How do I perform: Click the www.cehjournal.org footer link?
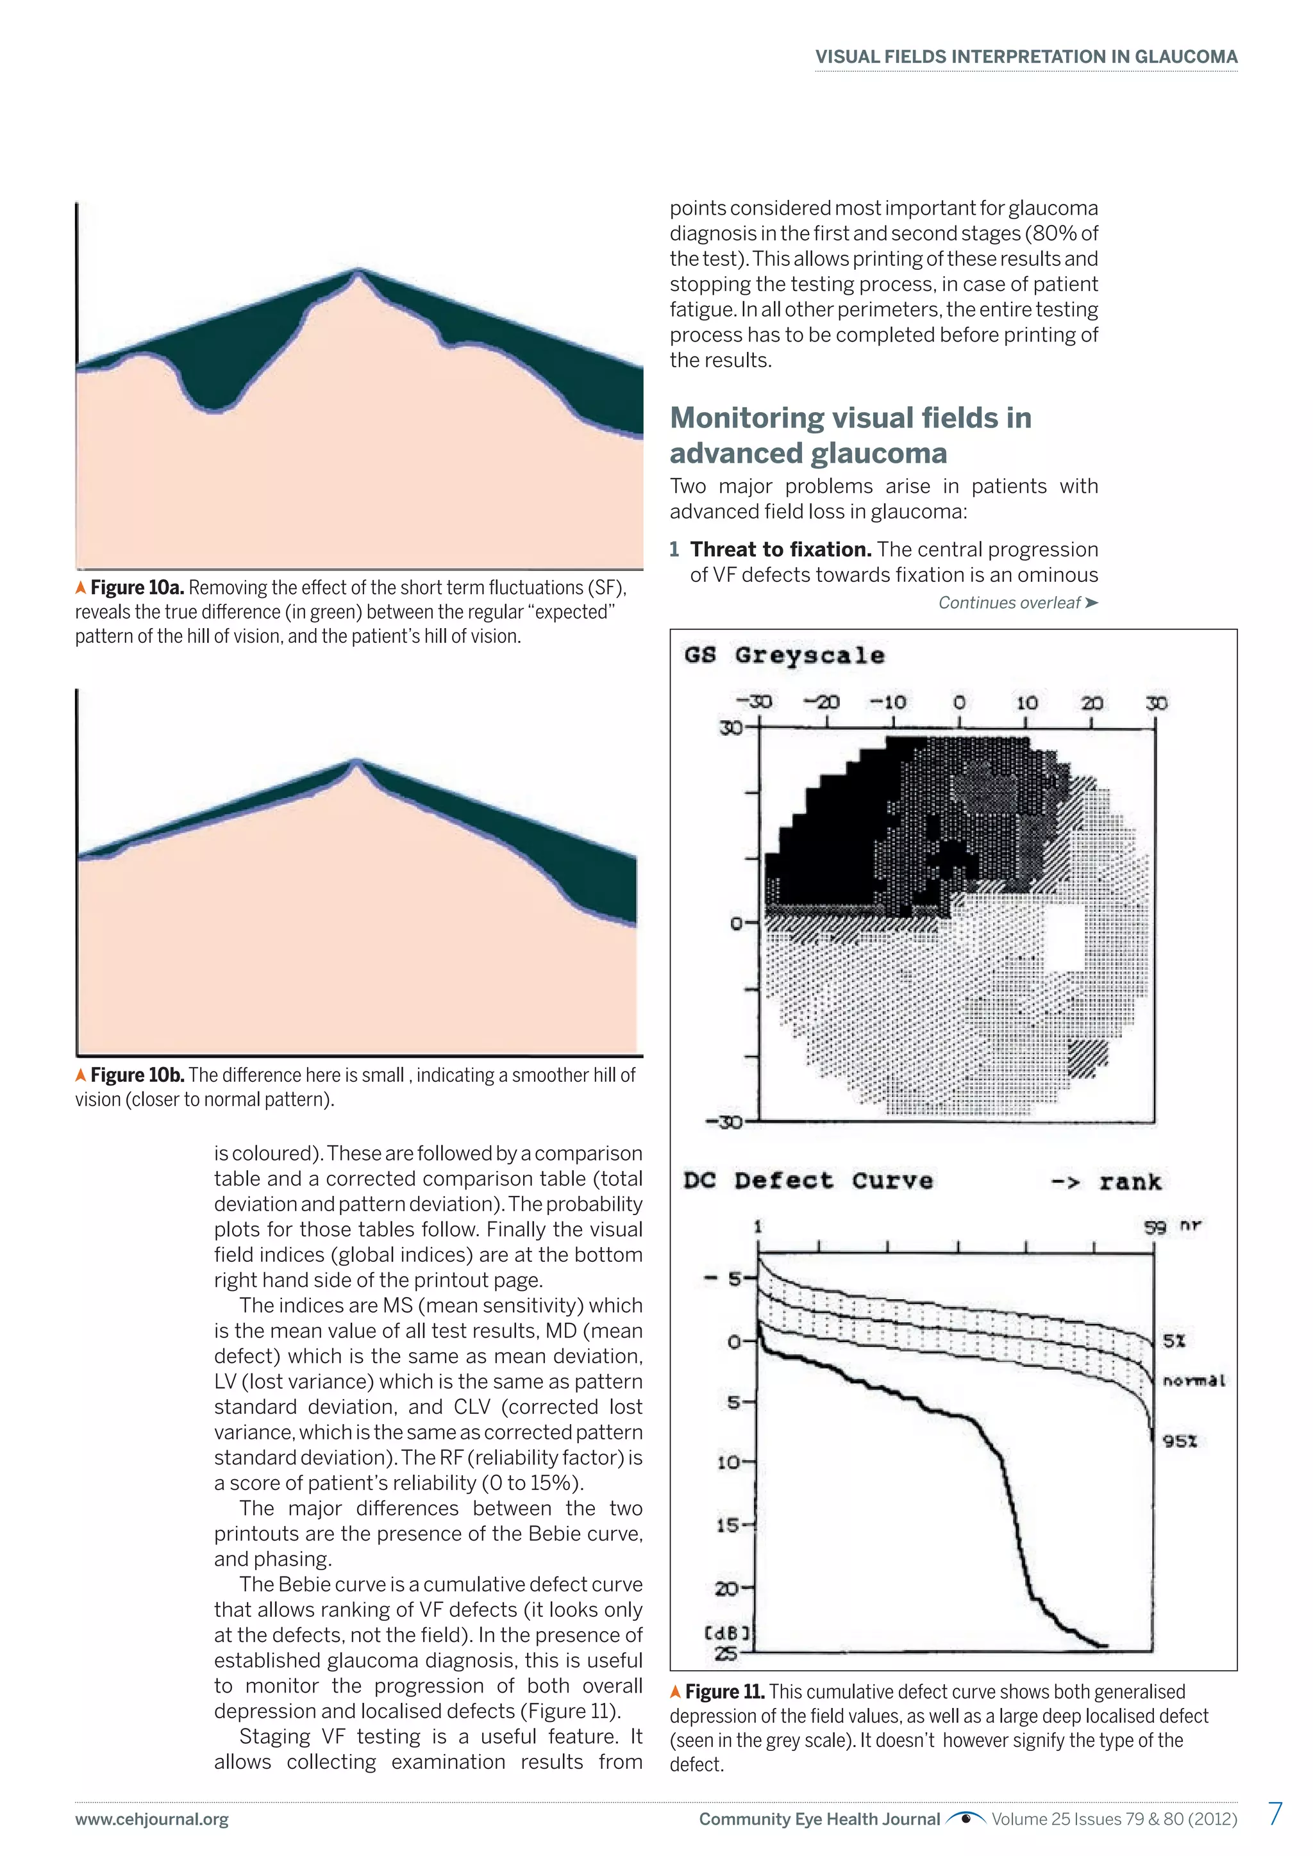(x=152, y=1819)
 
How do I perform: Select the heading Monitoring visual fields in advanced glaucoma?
(x=851, y=435)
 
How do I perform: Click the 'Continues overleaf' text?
(x=1017, y=602)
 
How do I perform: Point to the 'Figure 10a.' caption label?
(x=137, y=588)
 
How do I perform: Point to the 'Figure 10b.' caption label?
(x=137, y=1075)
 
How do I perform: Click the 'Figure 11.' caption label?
(x=724, y=1692)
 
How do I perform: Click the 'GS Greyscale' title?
(x=784, y=655)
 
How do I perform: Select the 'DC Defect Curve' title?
(x=808, y=1181)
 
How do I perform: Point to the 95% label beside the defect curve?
(x=1180, y=1441)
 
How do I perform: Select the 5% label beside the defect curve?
(x=1174, y=1341)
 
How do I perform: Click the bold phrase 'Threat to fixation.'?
(x=780, y=550)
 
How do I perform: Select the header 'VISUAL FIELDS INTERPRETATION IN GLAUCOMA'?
(x=1025, y=56)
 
